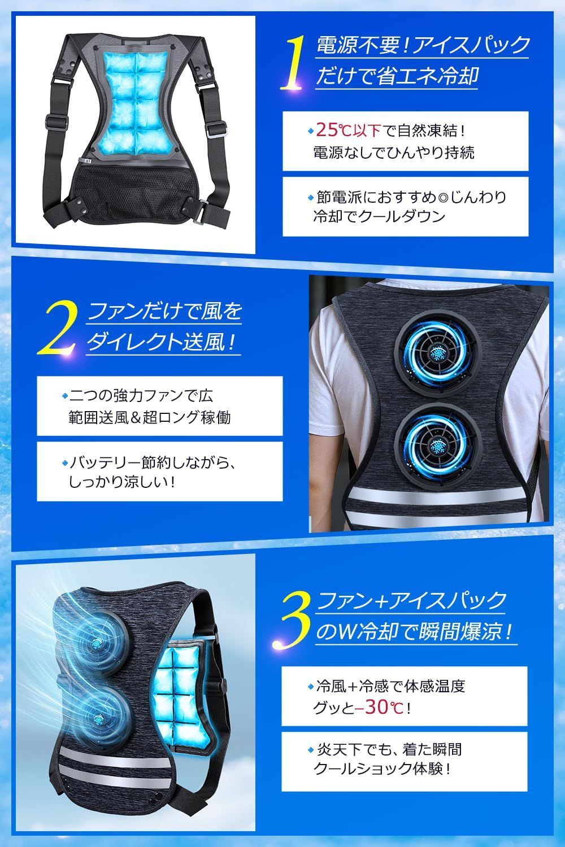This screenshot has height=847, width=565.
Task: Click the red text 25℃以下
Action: (348, 131)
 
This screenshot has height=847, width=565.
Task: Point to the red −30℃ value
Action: (379, 708)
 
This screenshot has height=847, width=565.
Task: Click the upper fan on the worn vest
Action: (438, 352)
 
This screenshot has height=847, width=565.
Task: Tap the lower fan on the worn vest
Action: (438, 444)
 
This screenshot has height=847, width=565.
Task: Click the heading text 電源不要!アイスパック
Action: (422, 45)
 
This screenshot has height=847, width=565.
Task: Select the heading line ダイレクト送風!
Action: (162, 342)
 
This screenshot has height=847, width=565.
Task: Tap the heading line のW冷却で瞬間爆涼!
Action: (415, 631)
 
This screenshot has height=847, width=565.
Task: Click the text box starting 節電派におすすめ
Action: (405, 207)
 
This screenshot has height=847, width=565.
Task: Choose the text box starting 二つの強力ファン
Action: (160, 406)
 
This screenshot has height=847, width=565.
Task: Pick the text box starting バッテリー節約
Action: (160, 471)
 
